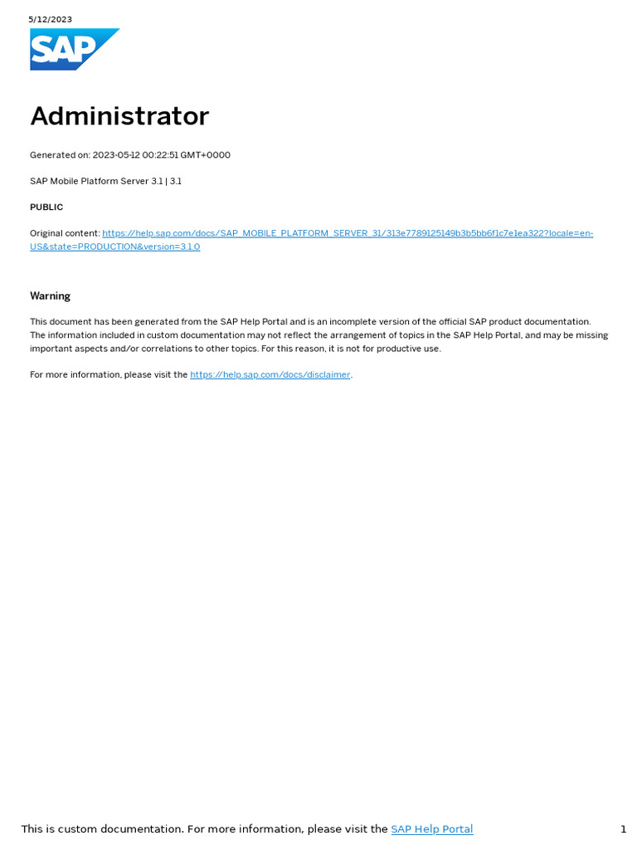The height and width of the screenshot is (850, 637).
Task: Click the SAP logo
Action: tap(73, 50)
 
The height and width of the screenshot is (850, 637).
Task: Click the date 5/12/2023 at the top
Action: tap(50, 19)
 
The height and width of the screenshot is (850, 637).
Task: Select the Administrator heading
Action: tap(119, 116)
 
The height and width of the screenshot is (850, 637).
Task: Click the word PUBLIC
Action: tap(46, 208)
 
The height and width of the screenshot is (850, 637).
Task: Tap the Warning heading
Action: tap(50, 296)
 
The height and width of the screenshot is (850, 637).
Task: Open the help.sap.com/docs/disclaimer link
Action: tap(270, 375)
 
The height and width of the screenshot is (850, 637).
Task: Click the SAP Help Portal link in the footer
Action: tap(431, 829)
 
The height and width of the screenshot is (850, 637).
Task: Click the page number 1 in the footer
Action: tap(623, 829)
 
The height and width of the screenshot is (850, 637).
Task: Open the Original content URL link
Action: tap(347, 234)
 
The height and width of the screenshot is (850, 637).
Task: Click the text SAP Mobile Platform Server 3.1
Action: tap(96, 181)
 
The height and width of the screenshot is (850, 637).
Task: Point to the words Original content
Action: tap(64, 234)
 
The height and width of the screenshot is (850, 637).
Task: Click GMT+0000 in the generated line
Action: tap(210, 155)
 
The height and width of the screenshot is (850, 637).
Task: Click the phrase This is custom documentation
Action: tap(102, 829)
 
